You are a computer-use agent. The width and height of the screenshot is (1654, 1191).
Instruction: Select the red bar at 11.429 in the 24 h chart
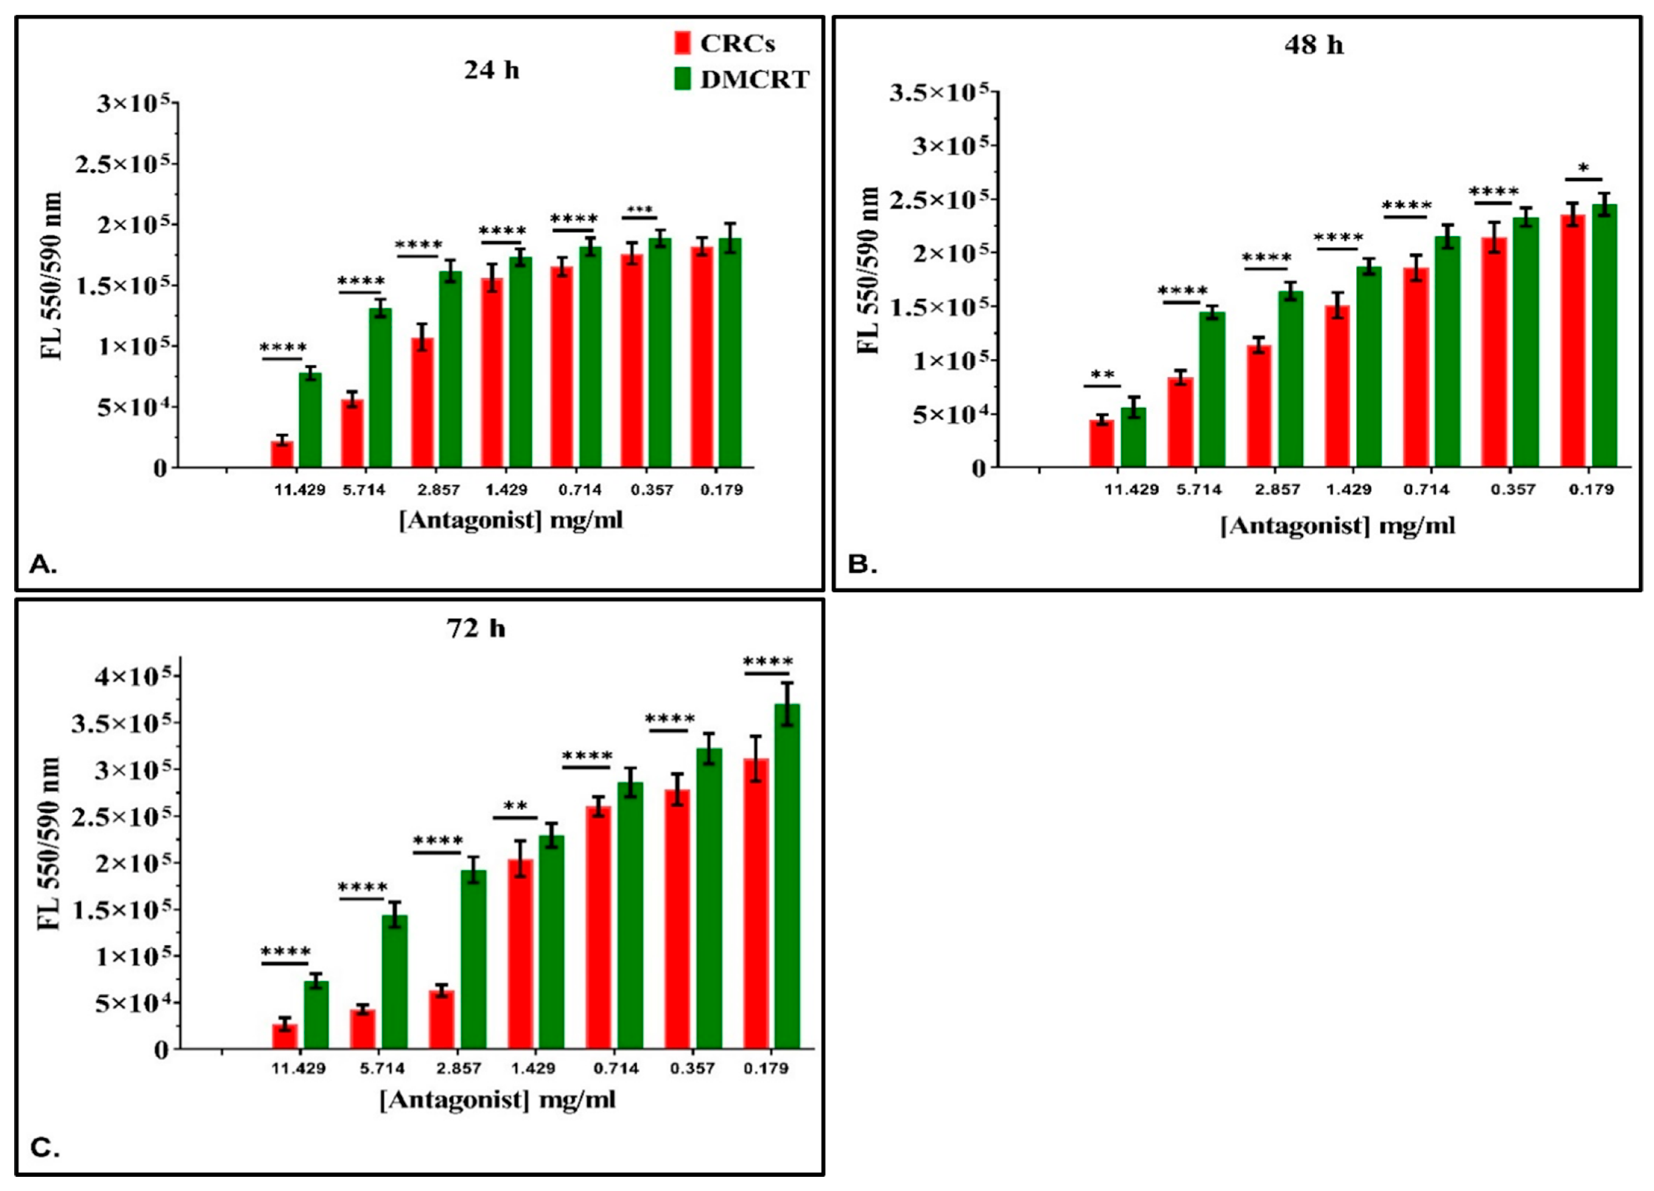click(x=282, y=453)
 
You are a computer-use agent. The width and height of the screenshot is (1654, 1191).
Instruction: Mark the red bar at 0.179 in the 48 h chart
click(x=1573, y=340)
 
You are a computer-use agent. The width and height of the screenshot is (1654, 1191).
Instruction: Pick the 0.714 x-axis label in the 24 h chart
click(x=581, y=490)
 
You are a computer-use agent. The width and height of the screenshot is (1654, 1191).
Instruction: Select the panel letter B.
click(x=863, y=564)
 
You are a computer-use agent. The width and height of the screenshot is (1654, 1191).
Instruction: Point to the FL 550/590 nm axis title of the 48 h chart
click(x=868, y=270)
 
